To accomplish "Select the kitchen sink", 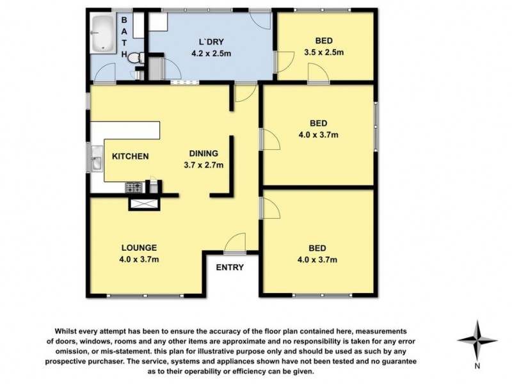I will [96, 158].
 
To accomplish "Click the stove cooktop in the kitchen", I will [135, 188].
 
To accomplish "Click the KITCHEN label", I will [131, 156].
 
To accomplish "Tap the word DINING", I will [204, 154].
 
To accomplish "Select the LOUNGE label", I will [139, 248].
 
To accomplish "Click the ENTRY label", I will [229, 268].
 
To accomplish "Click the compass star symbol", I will [477, 340].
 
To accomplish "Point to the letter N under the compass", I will [477, 367].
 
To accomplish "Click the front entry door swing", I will [234, 241].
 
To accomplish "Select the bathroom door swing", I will [104, 76].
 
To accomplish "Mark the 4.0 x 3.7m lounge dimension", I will [139, 259].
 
